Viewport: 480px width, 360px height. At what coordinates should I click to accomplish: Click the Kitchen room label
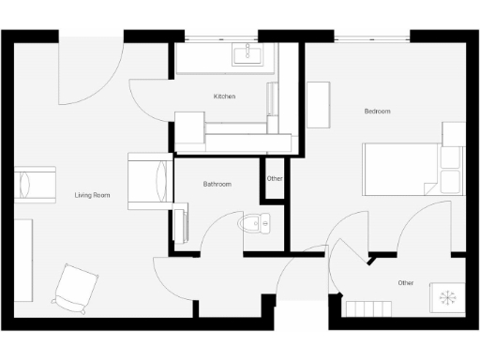click(224, 97)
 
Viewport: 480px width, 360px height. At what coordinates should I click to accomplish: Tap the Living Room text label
click(93, 195)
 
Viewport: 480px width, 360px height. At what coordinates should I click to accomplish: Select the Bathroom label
click(217, 184)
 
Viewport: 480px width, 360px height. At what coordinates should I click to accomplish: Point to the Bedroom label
click(377, 112)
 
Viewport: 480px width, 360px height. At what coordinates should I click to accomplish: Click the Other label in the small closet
click(275, 179)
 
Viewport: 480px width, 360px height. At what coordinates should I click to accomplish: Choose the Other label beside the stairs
click(405, 282)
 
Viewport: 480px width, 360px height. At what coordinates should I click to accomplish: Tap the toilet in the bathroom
click(254, 223)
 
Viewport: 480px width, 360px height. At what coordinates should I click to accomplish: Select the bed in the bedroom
click(403, 169)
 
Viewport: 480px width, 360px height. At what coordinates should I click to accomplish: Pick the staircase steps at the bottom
click(367, 308)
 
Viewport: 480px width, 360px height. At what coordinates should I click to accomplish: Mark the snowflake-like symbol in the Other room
click(447, 296)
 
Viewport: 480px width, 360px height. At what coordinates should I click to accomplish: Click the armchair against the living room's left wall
click(35, 184)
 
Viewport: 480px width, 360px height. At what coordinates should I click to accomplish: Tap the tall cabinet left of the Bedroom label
click(319, 106)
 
